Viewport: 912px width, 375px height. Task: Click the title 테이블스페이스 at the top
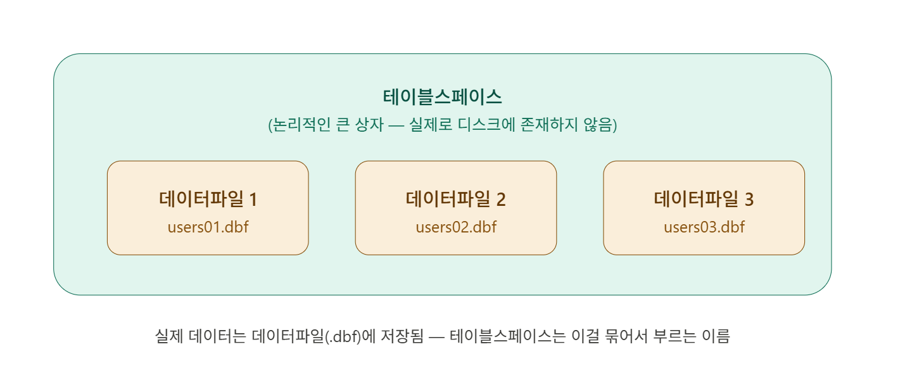[442, 97]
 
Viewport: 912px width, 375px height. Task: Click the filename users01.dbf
[208, 227]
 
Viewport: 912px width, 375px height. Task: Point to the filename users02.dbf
[456, 227]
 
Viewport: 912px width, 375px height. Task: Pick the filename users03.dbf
[704, 227]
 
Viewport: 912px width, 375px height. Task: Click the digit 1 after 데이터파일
[253, 200]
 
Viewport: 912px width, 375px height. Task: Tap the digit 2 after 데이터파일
[501, 200]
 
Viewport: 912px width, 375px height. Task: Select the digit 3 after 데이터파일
[749, 200]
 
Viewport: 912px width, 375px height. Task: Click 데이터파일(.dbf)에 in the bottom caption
[310, 336]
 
